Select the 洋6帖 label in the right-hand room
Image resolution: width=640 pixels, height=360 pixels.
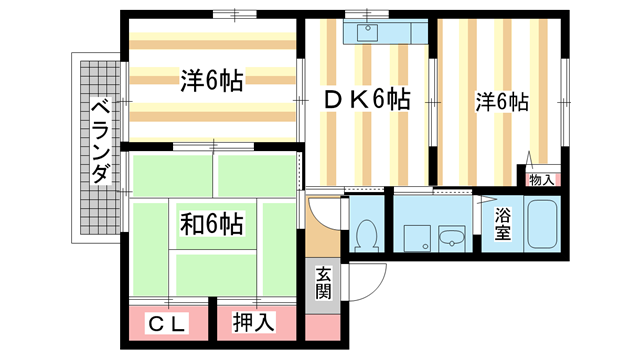[501, 101]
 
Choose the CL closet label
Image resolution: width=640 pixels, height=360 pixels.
[167, 322]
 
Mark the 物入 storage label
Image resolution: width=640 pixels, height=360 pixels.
[542, 179]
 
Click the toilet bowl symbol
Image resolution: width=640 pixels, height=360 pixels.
[365, 233]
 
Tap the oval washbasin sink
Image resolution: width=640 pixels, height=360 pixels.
[452, 238]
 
